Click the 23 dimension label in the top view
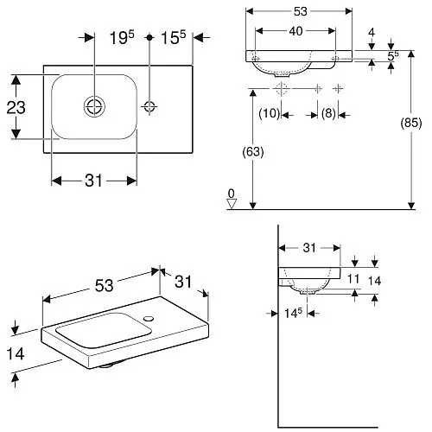pyautogui.click(x=16, y=107)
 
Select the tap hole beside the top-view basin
pyautogui.click(x=149, y=106)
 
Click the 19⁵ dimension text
pyautogui.click(x=122, y=38)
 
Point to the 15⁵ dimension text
pyautogui.click(x=174, y=38)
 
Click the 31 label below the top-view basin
pyautogui.click(x=93, y=181)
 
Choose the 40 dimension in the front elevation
pyautogui.click(x=295, y=31)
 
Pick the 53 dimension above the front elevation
pyautogui.click(x=301, y=11)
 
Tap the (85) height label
pyautogui.click(x=411, y=123)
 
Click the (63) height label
pyautogui.click(x=253, y=152)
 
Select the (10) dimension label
pyautogui.click(x=270, y=113)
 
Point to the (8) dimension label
pyautogui.click(x=328, y=113)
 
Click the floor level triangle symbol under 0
pyautogui.click(x=232, y=204)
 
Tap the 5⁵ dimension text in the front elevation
pyautogui.click(x=393, y=56)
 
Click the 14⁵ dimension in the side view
pyautogui.click(x=293, y=313)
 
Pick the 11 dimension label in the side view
pyautogui.click(x=353, y=279)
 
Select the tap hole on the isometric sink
pyautogui.click(x=149, y=319)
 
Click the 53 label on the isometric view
pyautogui.click(x=104, y=286)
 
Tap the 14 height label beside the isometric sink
pyautogui.click(x=16, y=353)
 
